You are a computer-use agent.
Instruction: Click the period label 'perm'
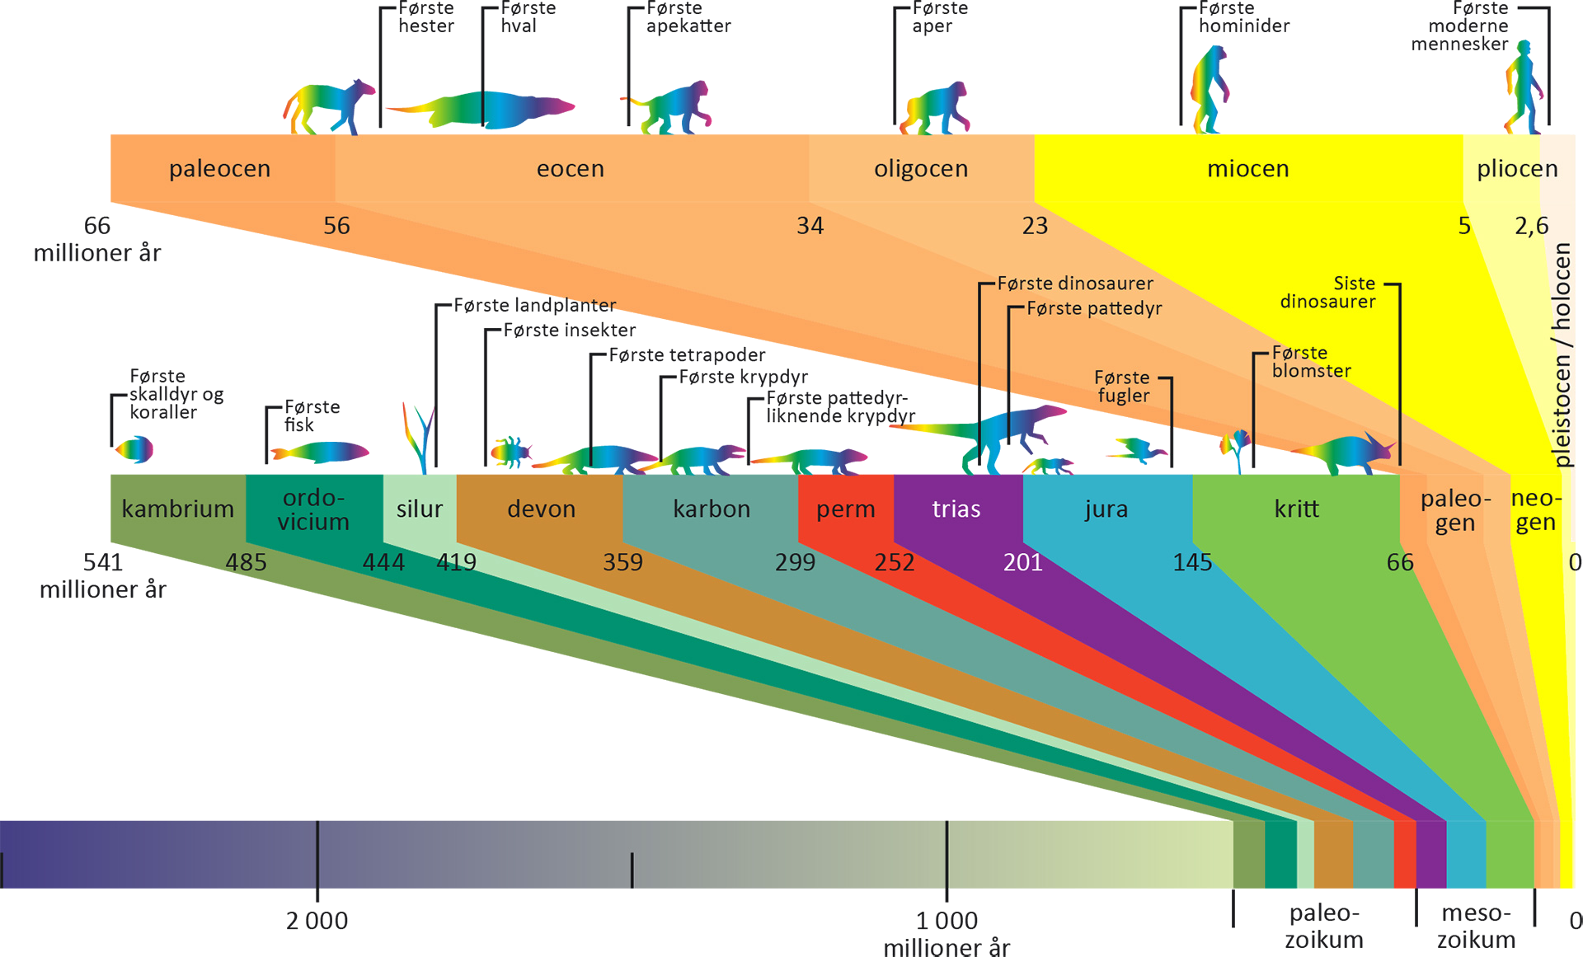pyautogui.click(x=846, y=509)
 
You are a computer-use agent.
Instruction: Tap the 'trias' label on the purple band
pyautogui.click(x=956, y=509)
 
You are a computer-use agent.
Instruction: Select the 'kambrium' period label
pyautogui.click(x=178, y=509)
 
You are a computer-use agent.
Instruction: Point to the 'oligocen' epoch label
pyautogui.click(x=921, y=169)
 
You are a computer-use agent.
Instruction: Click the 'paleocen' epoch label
pyautogui.click(x=219, y=169)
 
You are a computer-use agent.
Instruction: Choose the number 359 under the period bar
pyautogui.click(x=622, y=562)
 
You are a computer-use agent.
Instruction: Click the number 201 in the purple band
pyautogui.click(x=1022, y=562)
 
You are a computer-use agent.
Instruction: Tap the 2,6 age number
pyautogui.click(x=1532, y=226)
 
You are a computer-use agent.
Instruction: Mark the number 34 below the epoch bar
pyautogui.click(x=810, y=226)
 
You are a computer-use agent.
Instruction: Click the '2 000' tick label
pyautogui.click(x=317, y=921)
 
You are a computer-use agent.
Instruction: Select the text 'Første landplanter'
pyautogui.click(x=535, y=306)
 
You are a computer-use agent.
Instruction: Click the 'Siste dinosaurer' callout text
pyautogui.click(x=1327, y=293)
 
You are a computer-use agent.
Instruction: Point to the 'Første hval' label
pyautogui.click(x=528, y=17)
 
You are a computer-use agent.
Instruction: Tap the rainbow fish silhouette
pyautogui.click(x=320, y=452)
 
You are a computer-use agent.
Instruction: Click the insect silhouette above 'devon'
pyautogui.click(x=511, y=453)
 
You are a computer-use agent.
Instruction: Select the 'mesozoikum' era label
pyautogui.click(x=1476, y=926)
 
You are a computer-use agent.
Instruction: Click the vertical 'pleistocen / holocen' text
pyautogui.click(x=1562, y=355)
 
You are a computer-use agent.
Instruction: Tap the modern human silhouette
pyautogui.click(x=1524, y=87)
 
